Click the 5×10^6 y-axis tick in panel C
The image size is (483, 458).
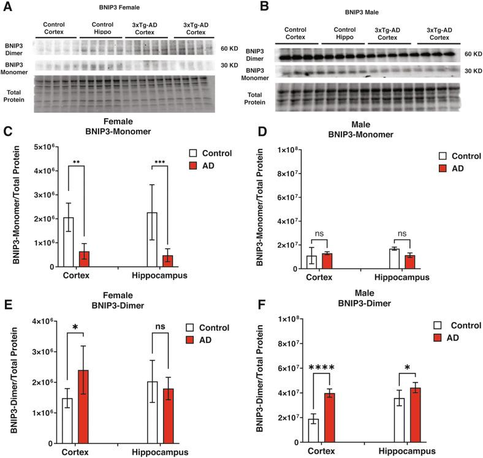tap(44, 147)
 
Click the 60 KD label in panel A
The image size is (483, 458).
tap(229, 47)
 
